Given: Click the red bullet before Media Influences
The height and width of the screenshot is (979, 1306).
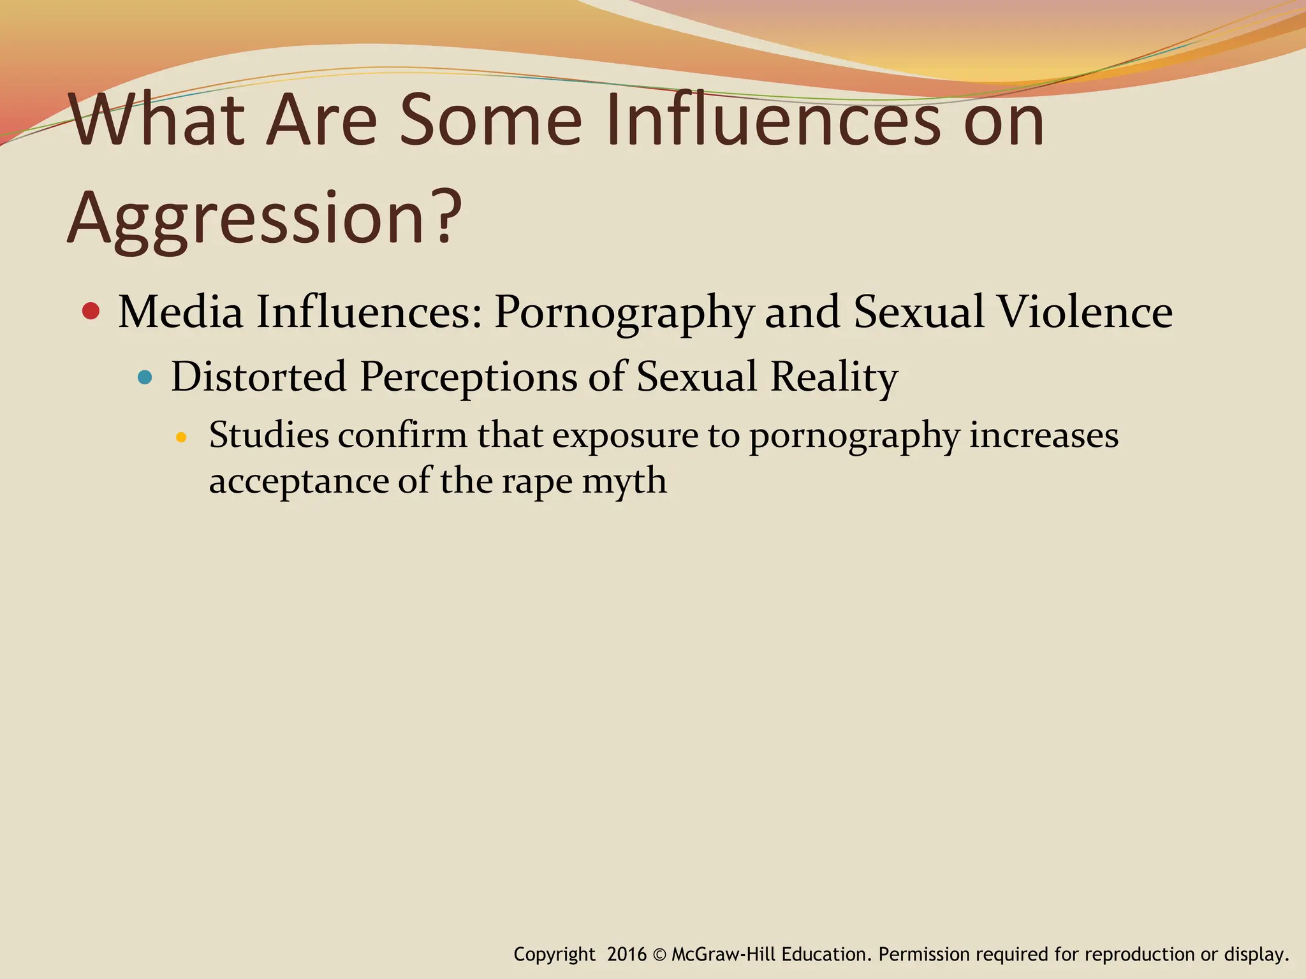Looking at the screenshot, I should point(91,311).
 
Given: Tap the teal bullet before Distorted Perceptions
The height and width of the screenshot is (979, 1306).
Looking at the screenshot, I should point(145,377).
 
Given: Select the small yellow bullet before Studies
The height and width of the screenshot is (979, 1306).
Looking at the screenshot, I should point(181,437).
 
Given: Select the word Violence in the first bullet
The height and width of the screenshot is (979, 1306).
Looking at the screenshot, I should point(1085,312).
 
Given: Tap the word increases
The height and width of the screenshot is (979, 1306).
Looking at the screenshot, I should point(1044,436).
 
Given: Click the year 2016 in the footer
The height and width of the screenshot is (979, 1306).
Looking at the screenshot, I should point(627,954).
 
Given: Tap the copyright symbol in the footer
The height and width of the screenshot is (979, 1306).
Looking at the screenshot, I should point(659,955).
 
